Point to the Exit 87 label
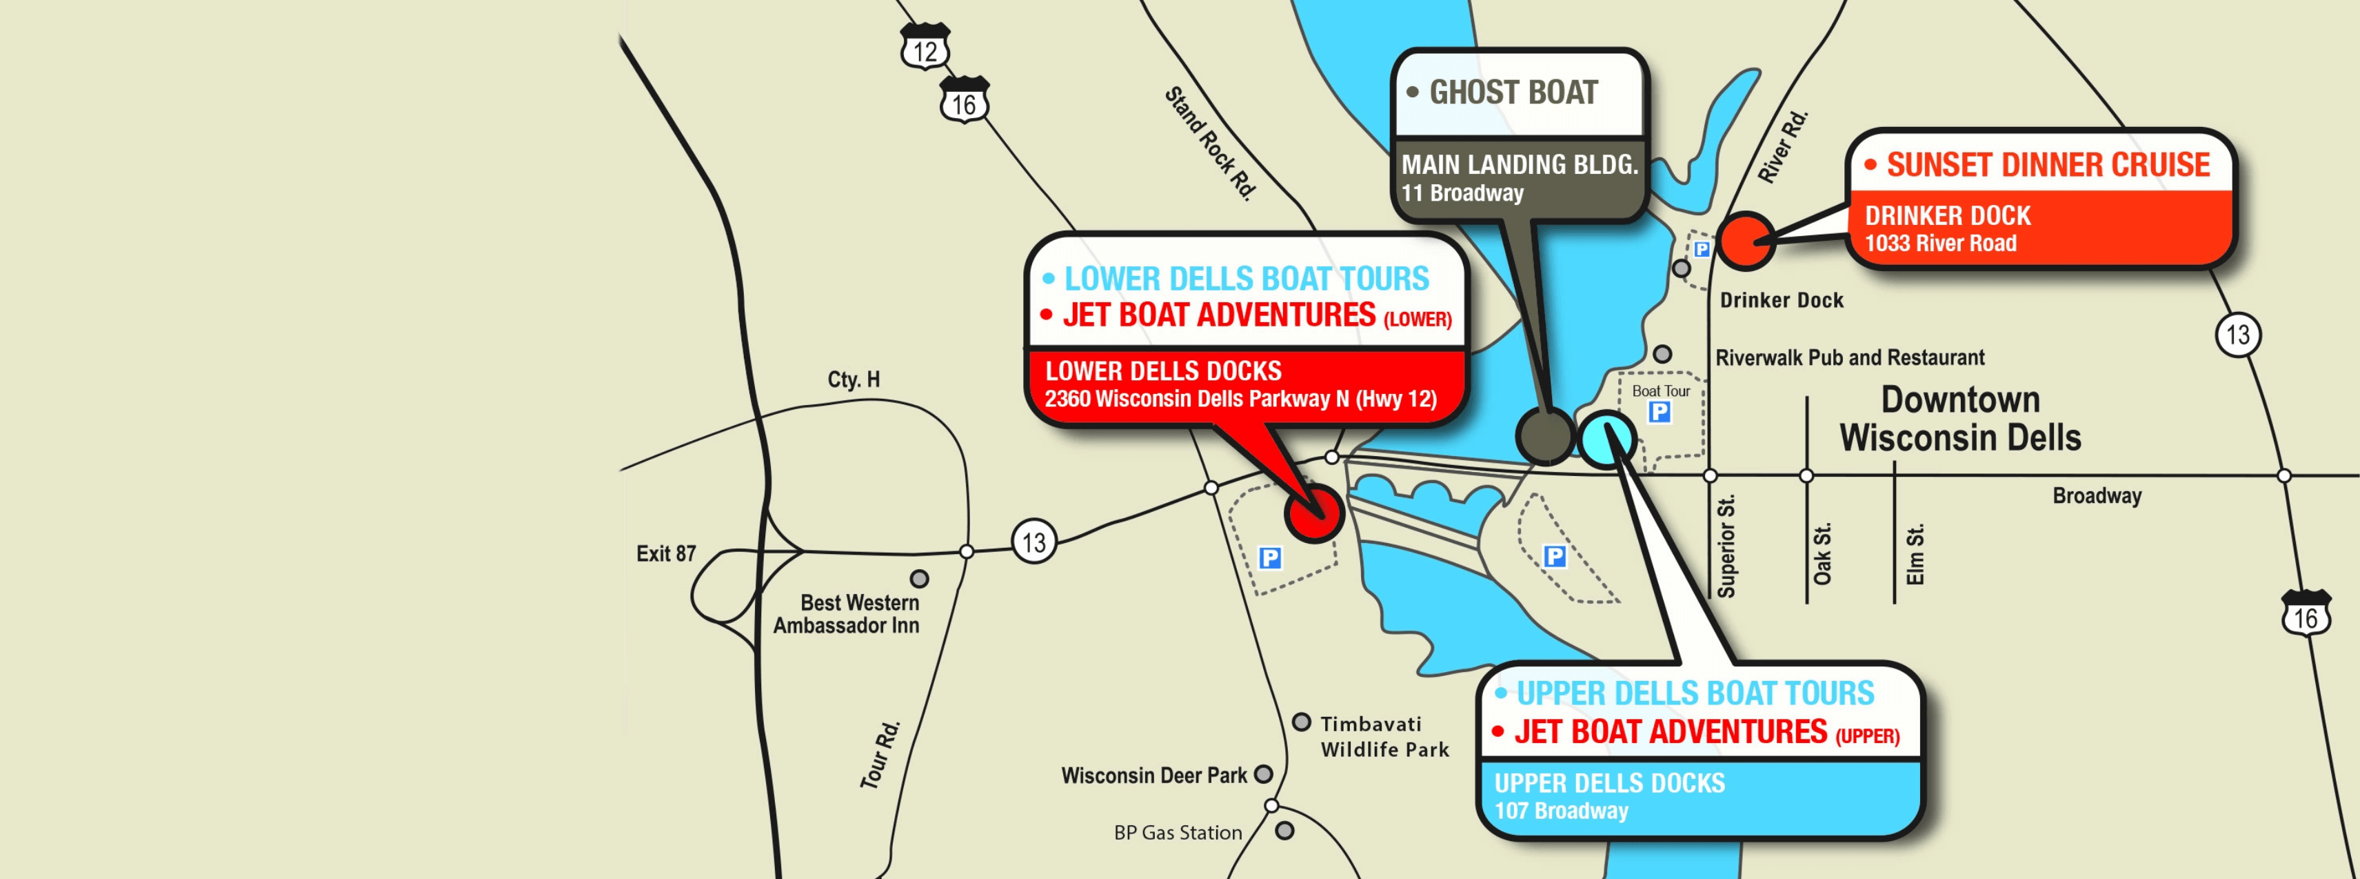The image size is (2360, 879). click(x=666, y=553)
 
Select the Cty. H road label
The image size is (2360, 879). click(x=853, y=379)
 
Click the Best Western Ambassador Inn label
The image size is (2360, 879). click(x=847, y=614)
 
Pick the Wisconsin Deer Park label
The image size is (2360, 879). click(x=1153, y=776)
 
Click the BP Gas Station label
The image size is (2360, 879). click(x=1178, y=832)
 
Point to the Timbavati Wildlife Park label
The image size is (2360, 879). click(x=1384, y=737)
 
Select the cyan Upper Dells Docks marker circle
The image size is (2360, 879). click(x=1607, y=438)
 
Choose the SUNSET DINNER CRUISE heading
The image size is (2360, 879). click(x=2048, y=165)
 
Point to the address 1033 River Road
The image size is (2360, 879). click(x=1940, y=244)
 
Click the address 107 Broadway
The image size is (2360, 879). click(x=1561, y=811)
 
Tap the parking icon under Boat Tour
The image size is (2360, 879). click(x=1659, y=413)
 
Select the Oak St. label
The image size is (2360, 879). click(x=1822, y=553)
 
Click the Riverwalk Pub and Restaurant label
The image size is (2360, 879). click(x=1850, y=357)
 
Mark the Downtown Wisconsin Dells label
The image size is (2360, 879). click(x=1961, y=419)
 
